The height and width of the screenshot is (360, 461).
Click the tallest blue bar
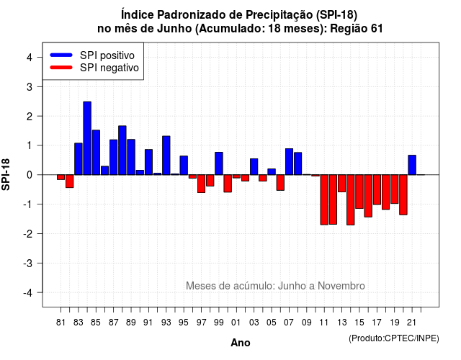87,138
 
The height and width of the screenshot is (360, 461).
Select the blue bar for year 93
166,156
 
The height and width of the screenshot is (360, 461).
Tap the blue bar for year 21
412,165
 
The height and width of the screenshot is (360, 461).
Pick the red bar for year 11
324,200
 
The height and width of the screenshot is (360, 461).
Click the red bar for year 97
202,184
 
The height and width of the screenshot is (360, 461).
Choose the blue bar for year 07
289,161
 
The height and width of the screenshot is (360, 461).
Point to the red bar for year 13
341,184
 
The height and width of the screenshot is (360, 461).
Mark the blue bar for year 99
219,163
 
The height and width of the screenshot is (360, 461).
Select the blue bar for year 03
254,166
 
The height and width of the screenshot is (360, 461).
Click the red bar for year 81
61,177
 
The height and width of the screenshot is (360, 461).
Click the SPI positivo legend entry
92,55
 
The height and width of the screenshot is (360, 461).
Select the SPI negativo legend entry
94,68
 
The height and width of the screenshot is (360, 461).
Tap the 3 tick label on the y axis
30,86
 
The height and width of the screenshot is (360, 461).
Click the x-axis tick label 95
183,323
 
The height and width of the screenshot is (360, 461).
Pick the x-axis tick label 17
377,323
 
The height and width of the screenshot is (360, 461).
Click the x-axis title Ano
241,343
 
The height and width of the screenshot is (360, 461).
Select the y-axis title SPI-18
6,174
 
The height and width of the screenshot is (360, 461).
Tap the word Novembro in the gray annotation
341,286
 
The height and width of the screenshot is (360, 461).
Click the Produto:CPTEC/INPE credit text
394,338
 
